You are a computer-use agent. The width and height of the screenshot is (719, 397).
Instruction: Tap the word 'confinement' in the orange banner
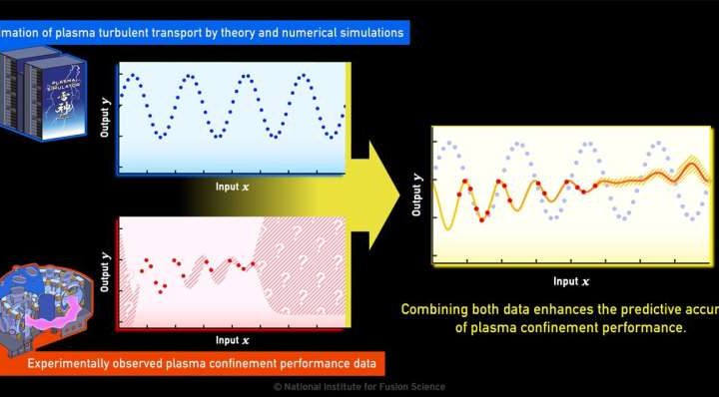click(243, 362)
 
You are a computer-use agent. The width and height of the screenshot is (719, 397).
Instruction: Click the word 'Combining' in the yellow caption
click(435, 309)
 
